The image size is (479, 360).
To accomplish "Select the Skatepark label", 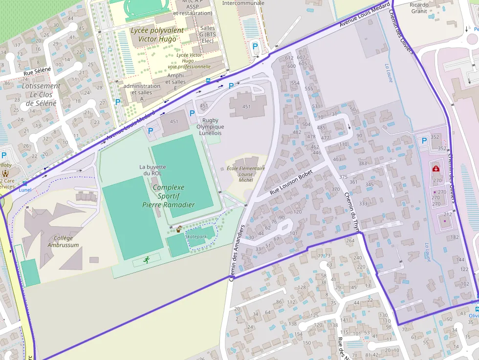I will tap(196, 236).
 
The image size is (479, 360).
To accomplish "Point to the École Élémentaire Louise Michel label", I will tap(246, 174).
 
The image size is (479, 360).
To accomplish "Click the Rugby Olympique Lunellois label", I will tap(210, 127).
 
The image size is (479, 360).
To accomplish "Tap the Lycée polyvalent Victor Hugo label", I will tap(157, 35).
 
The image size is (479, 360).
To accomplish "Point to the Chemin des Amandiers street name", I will tap(237, 253).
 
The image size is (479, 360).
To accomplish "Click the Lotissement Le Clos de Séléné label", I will tap(41, 94).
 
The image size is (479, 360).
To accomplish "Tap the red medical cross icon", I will tap(435, 169).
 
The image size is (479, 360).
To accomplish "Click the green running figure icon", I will tap(146, 260).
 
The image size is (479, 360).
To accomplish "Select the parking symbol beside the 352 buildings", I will tap(424, 141).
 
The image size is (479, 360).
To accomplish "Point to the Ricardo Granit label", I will tap(419, 8).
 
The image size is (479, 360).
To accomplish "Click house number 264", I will tap(350, 240).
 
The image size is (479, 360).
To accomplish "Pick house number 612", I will tap(289, 59).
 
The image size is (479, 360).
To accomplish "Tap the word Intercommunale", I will tap(243, 3).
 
